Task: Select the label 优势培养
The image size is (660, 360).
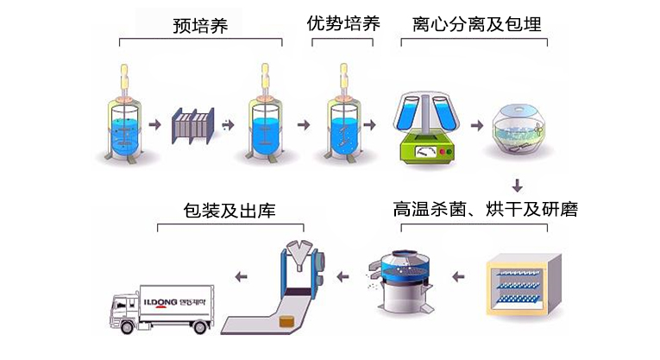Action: tap(343, 23)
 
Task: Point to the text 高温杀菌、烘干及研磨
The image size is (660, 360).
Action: tap(485, 209)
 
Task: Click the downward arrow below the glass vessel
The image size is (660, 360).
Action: tap(519, 185)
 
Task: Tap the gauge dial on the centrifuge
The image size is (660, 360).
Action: tap(424, 151)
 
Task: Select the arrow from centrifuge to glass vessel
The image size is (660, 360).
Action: tap(477, 125)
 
